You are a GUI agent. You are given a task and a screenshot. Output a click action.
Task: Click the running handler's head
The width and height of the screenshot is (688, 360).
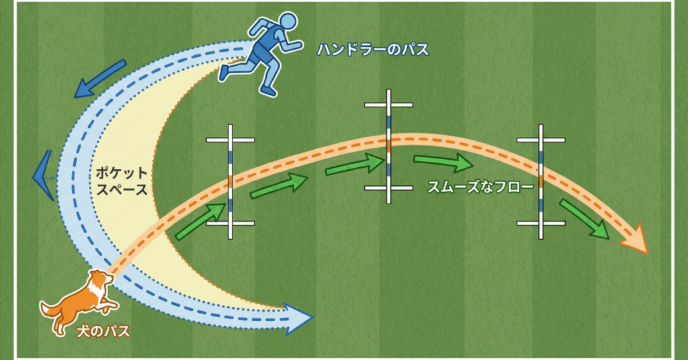287,21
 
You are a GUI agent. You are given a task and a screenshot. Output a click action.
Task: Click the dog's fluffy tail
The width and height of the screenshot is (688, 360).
50,310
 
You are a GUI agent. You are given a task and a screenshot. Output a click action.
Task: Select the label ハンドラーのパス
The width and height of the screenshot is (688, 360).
374,50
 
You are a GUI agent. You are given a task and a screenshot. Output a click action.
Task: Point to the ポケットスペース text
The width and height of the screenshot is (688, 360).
121,181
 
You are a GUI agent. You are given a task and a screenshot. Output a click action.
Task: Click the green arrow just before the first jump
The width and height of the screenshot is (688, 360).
201,221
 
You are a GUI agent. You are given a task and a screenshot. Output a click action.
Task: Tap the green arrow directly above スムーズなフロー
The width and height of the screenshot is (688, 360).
443,162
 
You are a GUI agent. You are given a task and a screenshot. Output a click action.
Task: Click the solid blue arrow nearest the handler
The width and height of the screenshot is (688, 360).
101,77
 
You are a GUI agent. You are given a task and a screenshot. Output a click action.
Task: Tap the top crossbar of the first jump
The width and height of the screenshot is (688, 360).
230,140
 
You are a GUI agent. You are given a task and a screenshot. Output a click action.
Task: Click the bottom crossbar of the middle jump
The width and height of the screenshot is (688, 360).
388,188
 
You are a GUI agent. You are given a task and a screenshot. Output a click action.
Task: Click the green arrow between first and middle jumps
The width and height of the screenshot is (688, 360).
279,185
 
